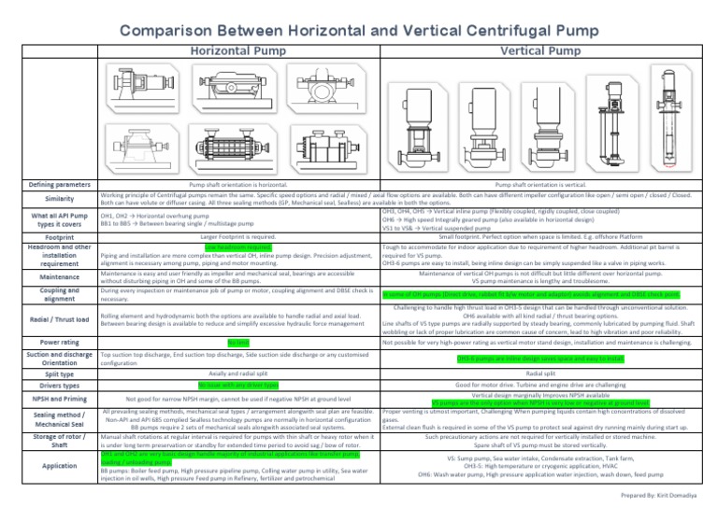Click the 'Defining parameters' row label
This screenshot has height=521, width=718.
coord(48,185)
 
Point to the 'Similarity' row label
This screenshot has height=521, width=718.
coord(48,199)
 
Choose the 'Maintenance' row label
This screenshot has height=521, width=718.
coord(48,277)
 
